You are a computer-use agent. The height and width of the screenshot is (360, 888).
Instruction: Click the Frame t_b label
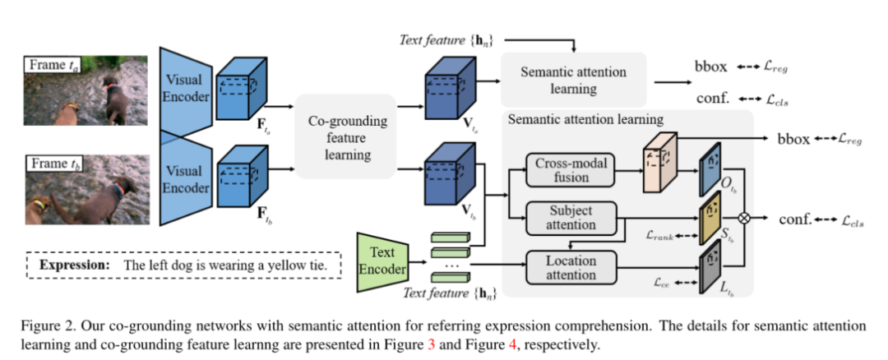[53, 164]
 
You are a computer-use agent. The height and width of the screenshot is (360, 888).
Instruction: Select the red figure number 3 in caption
[431, 344]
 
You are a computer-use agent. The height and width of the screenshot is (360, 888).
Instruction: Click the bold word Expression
[74, 265]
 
